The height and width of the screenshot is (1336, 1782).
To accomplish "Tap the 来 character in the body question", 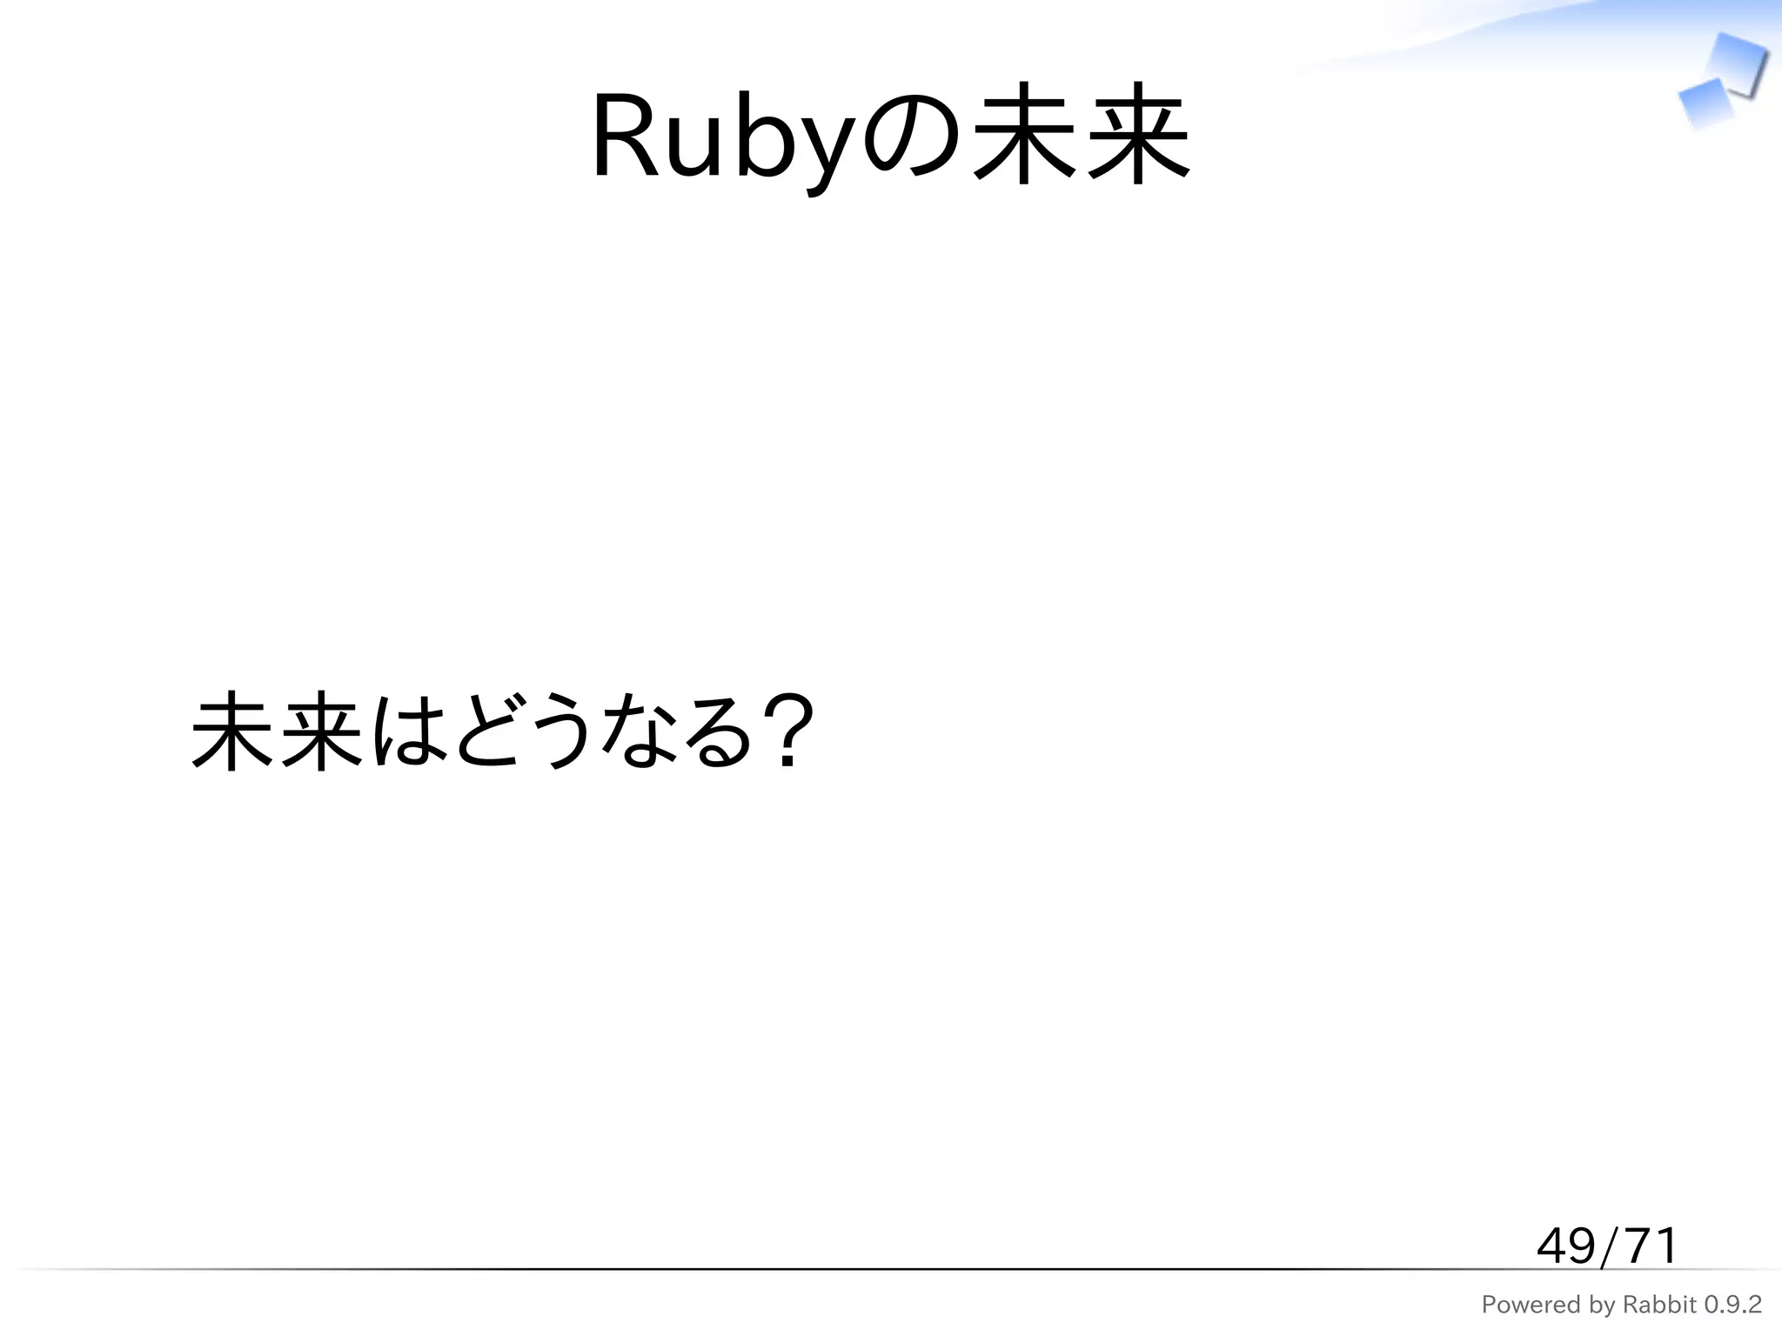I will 319,731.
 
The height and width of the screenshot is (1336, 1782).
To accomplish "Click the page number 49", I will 1565,1246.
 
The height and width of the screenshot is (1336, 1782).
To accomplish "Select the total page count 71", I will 1649,1246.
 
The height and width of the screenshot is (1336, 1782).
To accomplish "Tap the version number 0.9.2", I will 1732,1305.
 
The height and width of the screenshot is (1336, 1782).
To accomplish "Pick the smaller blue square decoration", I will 1705,104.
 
